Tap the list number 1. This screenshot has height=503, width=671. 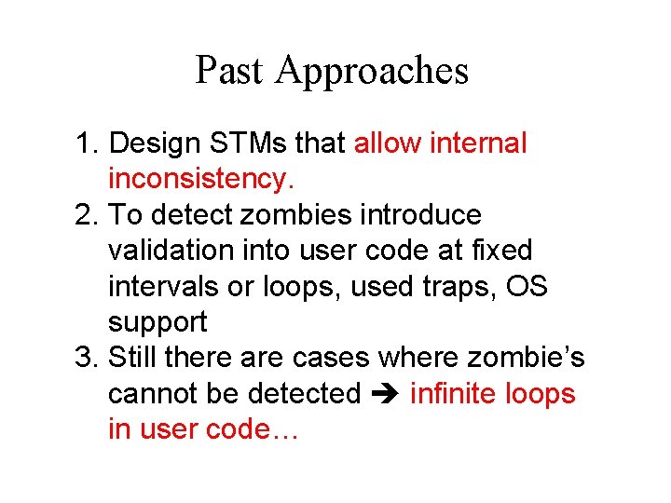pyautogui.click(x=85, y=143)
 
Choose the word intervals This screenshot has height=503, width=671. pyautogui.click(x=163, y=287)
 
